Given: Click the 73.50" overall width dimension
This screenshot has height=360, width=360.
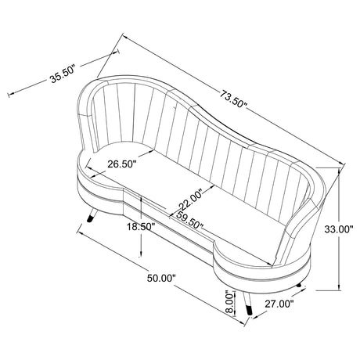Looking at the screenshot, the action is (233, 99).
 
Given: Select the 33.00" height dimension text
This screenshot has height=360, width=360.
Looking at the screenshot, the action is (339, 229).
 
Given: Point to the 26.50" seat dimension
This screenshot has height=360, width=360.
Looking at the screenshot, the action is (122, 164).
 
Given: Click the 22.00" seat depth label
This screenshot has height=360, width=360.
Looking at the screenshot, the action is (190, 200).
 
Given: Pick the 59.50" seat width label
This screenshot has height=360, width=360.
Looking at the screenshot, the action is (189, 221).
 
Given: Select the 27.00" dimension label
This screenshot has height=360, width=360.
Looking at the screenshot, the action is (279, 304).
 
